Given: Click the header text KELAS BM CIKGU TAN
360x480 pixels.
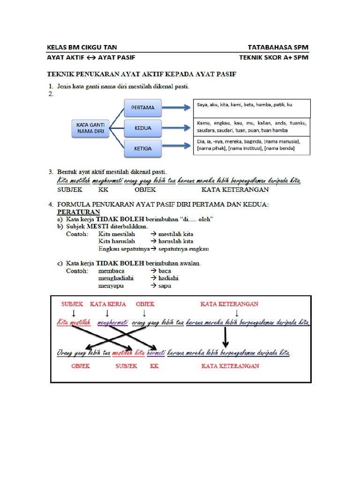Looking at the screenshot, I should tap(82, 47).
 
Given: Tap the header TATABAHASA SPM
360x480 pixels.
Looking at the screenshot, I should tap(278, 47).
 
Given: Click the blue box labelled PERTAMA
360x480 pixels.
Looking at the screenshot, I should tap(142, 107).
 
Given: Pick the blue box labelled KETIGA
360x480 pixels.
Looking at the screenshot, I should tap(142, 148).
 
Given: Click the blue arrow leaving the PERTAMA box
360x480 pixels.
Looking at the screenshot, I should tap(176, 108).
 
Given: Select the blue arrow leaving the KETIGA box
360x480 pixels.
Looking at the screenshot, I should tap(176, 148).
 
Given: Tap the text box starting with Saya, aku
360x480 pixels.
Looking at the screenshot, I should tap(251, 108).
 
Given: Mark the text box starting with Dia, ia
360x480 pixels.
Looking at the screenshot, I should tap(251, 145).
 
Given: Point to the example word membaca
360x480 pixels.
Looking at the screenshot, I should tap(111, 270).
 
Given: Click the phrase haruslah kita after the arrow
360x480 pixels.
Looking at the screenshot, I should tap(176, 241).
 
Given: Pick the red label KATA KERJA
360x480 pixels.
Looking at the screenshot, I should tap(108, 304).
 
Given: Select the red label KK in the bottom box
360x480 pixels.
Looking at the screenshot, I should tap(154, 366).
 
